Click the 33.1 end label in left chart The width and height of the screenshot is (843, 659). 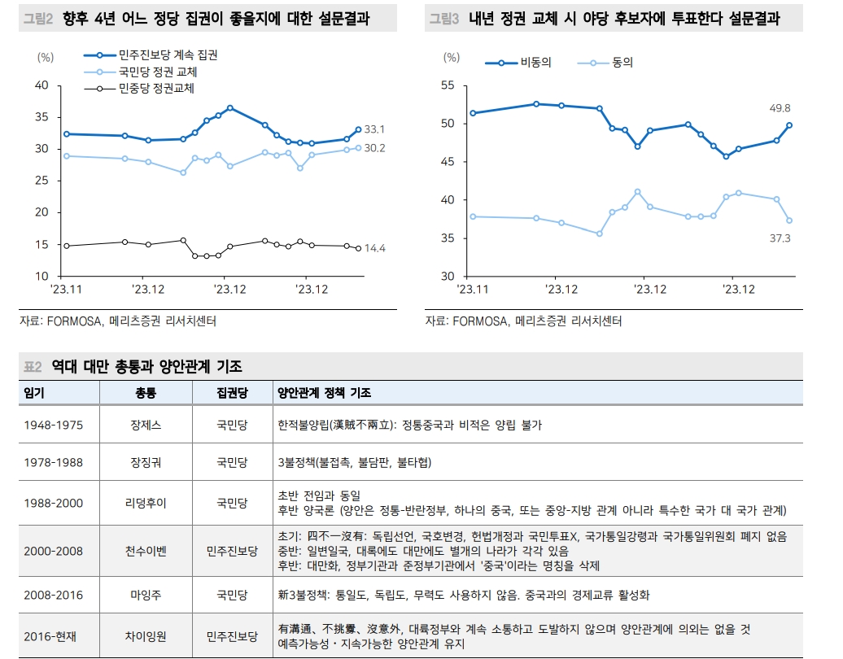coord(375,129)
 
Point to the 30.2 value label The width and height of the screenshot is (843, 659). coord(375,148)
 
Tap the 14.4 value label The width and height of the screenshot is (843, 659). coord(375,249)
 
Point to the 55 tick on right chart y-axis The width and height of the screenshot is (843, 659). coord(448,85)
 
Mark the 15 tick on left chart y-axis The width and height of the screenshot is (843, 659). coord(41,245)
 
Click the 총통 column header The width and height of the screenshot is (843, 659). coord(146,392)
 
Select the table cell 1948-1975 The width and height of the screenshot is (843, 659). coord(53,425)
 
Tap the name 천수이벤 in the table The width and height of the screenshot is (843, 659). coord(147,551)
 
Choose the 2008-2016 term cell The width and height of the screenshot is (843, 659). coord(53,595)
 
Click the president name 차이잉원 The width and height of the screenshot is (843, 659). coord(147,635)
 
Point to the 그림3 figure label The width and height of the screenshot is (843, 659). coord(444,19)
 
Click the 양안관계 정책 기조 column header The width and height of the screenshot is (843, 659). coord(325,392)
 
